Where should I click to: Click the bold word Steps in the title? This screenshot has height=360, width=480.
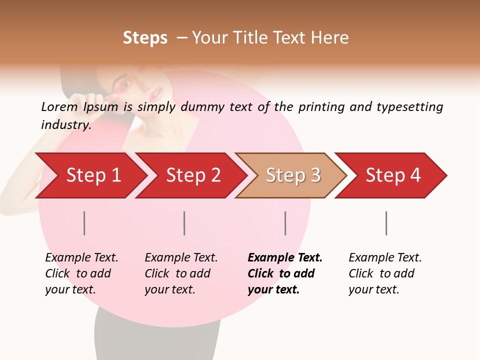(x=145, y=38)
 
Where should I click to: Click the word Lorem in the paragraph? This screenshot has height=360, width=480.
(x=59, y=106)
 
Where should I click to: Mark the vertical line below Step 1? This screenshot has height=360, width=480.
(x=84, y=223)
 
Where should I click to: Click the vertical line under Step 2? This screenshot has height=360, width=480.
(x=184, y=223)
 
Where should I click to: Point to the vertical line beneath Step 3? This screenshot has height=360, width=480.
(x=285, y=223)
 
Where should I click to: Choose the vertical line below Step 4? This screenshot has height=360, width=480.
(x=386, y=223)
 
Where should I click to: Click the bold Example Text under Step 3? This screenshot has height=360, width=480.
(x=285, y=257)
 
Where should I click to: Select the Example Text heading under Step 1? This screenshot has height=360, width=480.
(x=81, y=257)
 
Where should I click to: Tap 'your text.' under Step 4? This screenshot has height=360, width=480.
(x=373, y=289)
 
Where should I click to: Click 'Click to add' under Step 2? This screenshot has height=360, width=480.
(x=177, y=273)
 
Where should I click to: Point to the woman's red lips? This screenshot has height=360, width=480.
(x=158, y=92)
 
